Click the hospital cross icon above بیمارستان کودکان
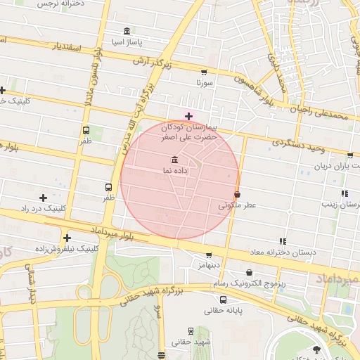coord(188,116)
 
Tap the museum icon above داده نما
coord(174,160)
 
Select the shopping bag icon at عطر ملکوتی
coord(237,194)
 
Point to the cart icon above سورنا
coord(204,72)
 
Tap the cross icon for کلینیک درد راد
coord(44,198)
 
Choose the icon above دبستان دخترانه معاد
coord(283,240)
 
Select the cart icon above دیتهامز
coord(209,255)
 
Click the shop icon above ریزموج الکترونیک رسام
coord(249,273)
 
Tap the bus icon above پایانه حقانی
coord(223,299)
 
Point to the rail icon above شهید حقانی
coord(191,330)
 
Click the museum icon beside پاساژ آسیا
coord(127,32)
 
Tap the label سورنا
coord(204,83)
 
